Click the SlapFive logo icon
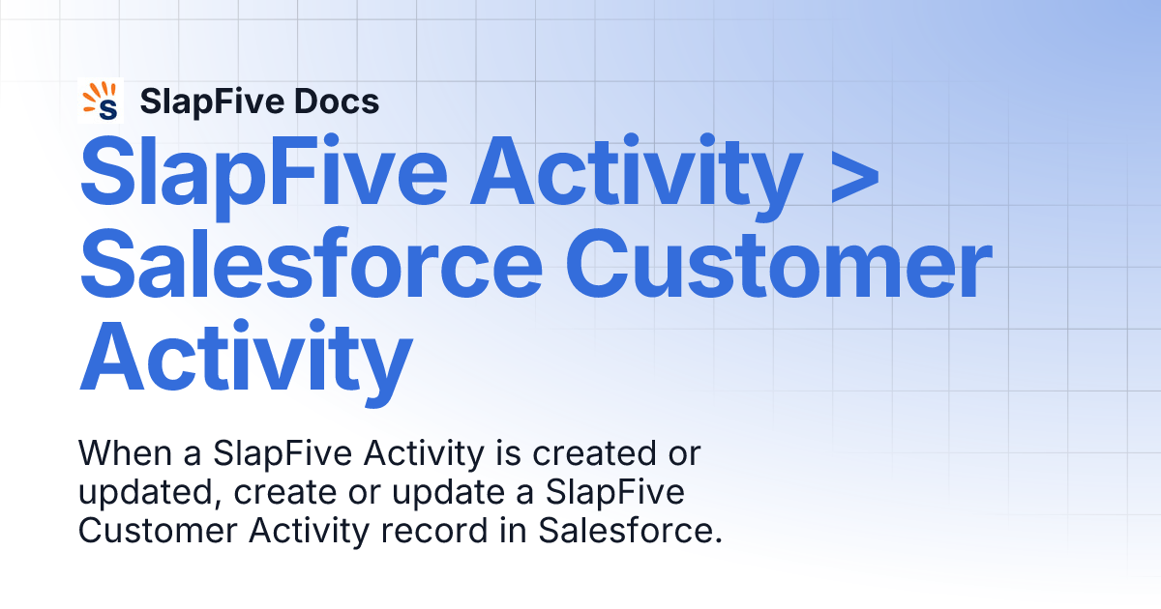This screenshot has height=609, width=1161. [x=102, y=101]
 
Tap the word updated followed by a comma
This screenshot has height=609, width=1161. [x=140, y=491]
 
